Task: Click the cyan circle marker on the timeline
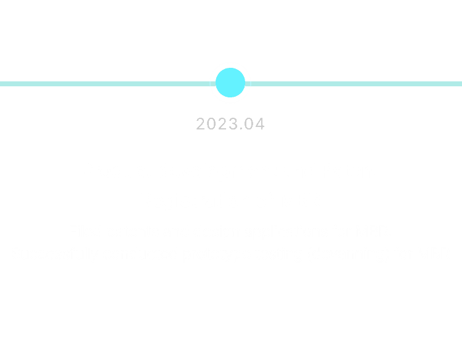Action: click(x=230, y=83)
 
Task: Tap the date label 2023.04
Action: click(x=230, y=124)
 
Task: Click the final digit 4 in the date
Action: click(x=259, y=124)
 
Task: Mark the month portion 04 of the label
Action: click(x=254, y=124)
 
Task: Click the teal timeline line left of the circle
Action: click(x=108, y=84)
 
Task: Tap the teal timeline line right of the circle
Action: click(x=354, y=84)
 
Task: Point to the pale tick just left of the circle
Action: click(x=210, y=84)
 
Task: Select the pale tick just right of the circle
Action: click(x=251, y=84)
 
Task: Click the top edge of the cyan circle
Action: click(x=230, y=68)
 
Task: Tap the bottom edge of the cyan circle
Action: click(x=230, y=97)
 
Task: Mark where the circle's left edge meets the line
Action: click(x=216, y=84)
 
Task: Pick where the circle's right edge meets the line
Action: click(x=245, y=84)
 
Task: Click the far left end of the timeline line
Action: click(x=0, y=84)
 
